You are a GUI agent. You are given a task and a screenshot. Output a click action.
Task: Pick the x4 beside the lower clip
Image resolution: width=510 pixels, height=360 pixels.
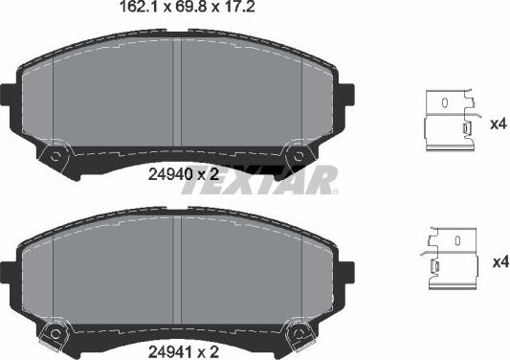(x=497, y=260)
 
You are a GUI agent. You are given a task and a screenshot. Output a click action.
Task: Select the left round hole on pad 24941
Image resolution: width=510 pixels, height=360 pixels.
(x=57, y=333)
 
